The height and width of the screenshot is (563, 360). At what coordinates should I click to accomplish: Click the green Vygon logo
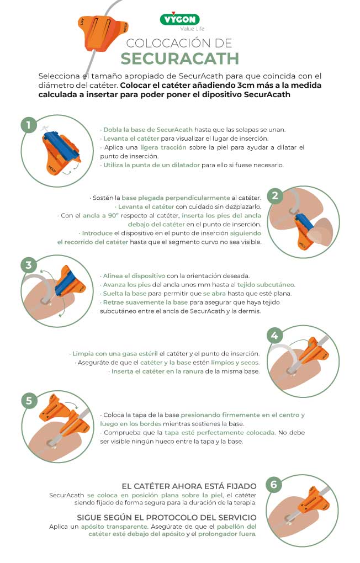(x=179, y=19)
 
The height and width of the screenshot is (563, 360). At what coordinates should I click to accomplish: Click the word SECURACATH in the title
(x=179, y=59)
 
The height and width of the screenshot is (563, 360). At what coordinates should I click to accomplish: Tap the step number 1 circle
(x=28, y=125)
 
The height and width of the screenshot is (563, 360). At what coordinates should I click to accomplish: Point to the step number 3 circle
(x=28, y=265)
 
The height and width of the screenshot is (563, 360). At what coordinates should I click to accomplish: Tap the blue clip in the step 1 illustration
(x=61, y=144)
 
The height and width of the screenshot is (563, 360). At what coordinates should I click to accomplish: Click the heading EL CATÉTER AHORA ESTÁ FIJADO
(x=189, y=486)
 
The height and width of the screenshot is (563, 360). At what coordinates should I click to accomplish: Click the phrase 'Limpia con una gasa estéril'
(x=115, y=353)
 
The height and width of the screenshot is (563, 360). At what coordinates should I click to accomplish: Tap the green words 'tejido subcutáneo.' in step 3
(x=268, y=284)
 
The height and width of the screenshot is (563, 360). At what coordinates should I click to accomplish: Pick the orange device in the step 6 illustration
(x=315, y=500)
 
